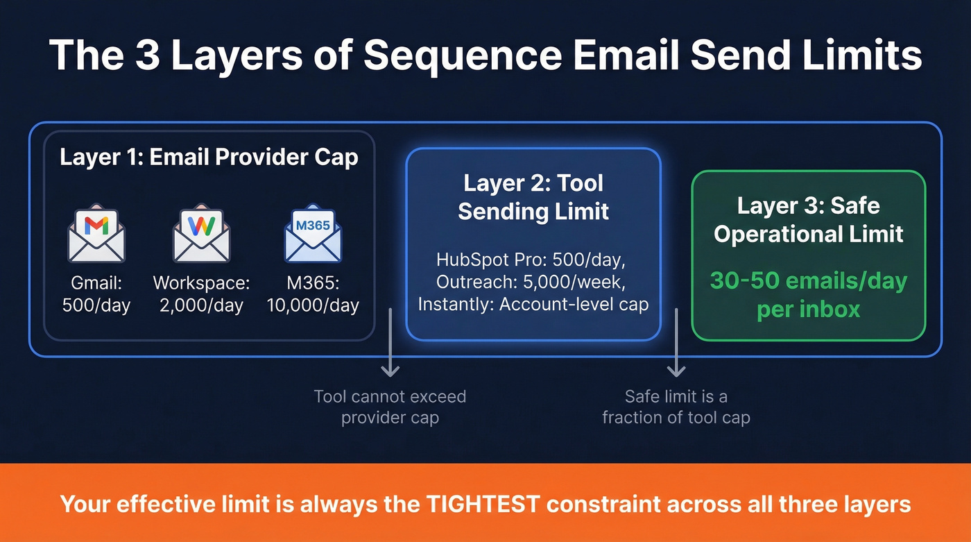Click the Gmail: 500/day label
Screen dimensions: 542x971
[96, 294]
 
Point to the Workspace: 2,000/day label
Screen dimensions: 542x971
[201, 294]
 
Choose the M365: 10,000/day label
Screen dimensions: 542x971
[313, 294]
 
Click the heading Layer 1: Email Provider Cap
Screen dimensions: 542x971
[209, 157]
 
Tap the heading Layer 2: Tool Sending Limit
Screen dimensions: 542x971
[533, 197]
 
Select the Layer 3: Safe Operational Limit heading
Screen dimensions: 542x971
[809, 219]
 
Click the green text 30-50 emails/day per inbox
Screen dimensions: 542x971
[809, 294]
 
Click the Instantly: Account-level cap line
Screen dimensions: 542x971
[533, 305]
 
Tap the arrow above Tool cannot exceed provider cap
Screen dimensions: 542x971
[390, 344]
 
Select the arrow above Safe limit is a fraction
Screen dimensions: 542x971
[676, 344]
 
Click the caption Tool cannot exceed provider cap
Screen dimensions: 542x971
[390, 407]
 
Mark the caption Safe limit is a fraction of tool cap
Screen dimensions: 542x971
[676, 407]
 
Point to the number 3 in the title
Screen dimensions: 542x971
[147, 56]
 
